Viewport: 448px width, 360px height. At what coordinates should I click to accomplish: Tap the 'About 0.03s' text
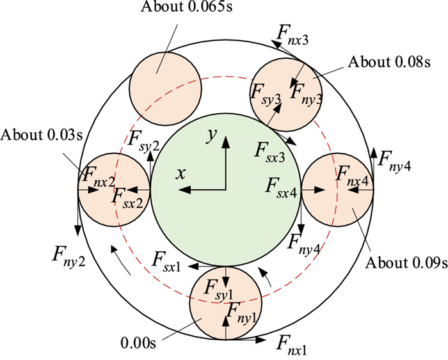[x=34, y=135]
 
